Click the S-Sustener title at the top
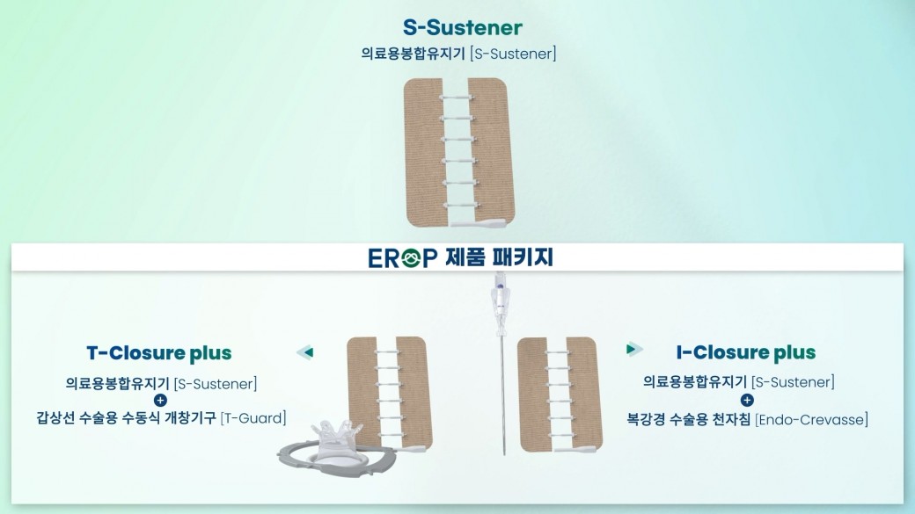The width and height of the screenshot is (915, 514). point(462,27)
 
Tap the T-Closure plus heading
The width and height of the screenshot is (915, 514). point(159,353)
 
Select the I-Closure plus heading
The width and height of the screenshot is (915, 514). point(746,352)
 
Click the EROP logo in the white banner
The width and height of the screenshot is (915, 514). point(403,257)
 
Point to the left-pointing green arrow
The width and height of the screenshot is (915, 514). point(305,352)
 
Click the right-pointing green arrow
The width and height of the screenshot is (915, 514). point(634,349)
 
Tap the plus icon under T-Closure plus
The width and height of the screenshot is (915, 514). point(160,401)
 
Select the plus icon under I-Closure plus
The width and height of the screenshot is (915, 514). point(747,400)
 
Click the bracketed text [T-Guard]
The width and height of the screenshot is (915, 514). point(253,418)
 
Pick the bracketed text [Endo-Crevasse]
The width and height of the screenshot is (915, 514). point(811,419)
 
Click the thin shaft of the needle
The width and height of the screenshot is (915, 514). point(503,395)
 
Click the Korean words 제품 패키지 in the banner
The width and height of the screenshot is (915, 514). point(499,257)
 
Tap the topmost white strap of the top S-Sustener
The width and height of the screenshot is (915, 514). point(457,97)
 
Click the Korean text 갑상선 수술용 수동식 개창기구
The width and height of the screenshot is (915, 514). point(126,418)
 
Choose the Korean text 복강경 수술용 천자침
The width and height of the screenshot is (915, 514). point(689,419)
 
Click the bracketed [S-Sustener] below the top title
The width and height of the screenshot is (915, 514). point(513,54)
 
